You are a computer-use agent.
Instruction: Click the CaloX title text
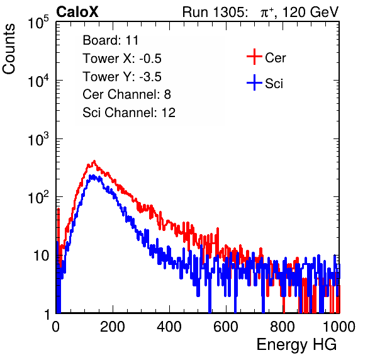click(x=77, y=12)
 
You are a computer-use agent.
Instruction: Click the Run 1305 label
click(x=215, y=12)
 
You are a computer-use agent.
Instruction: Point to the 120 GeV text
click(x=310, y=12)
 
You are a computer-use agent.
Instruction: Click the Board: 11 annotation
click(x=111, y=40)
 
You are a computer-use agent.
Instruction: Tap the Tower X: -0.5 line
click(x=122, y=59)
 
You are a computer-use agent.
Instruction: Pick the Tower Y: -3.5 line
click(x=122, y=77)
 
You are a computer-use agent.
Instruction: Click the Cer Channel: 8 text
click(x=126, y=94)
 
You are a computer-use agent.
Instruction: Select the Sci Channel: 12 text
click(x=129, y=113)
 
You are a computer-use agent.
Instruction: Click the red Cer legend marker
click(x=254, y=57)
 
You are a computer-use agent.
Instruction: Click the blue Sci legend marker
click(x=254, y=83)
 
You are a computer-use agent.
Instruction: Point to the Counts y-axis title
click(x=9, y=48)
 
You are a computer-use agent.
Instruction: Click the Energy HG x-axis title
click(x=296, y=345)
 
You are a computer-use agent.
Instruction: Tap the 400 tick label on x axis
click(x=169, y=327)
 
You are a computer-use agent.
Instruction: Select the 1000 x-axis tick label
click(x=339, y=327)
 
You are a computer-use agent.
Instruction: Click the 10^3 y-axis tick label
click(x=38, y=138)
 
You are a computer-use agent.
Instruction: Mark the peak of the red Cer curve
click(x=94, y=161)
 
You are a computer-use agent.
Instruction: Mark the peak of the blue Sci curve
click(x=91, y=176)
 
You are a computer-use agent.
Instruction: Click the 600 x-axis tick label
click(x=226, y=327)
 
